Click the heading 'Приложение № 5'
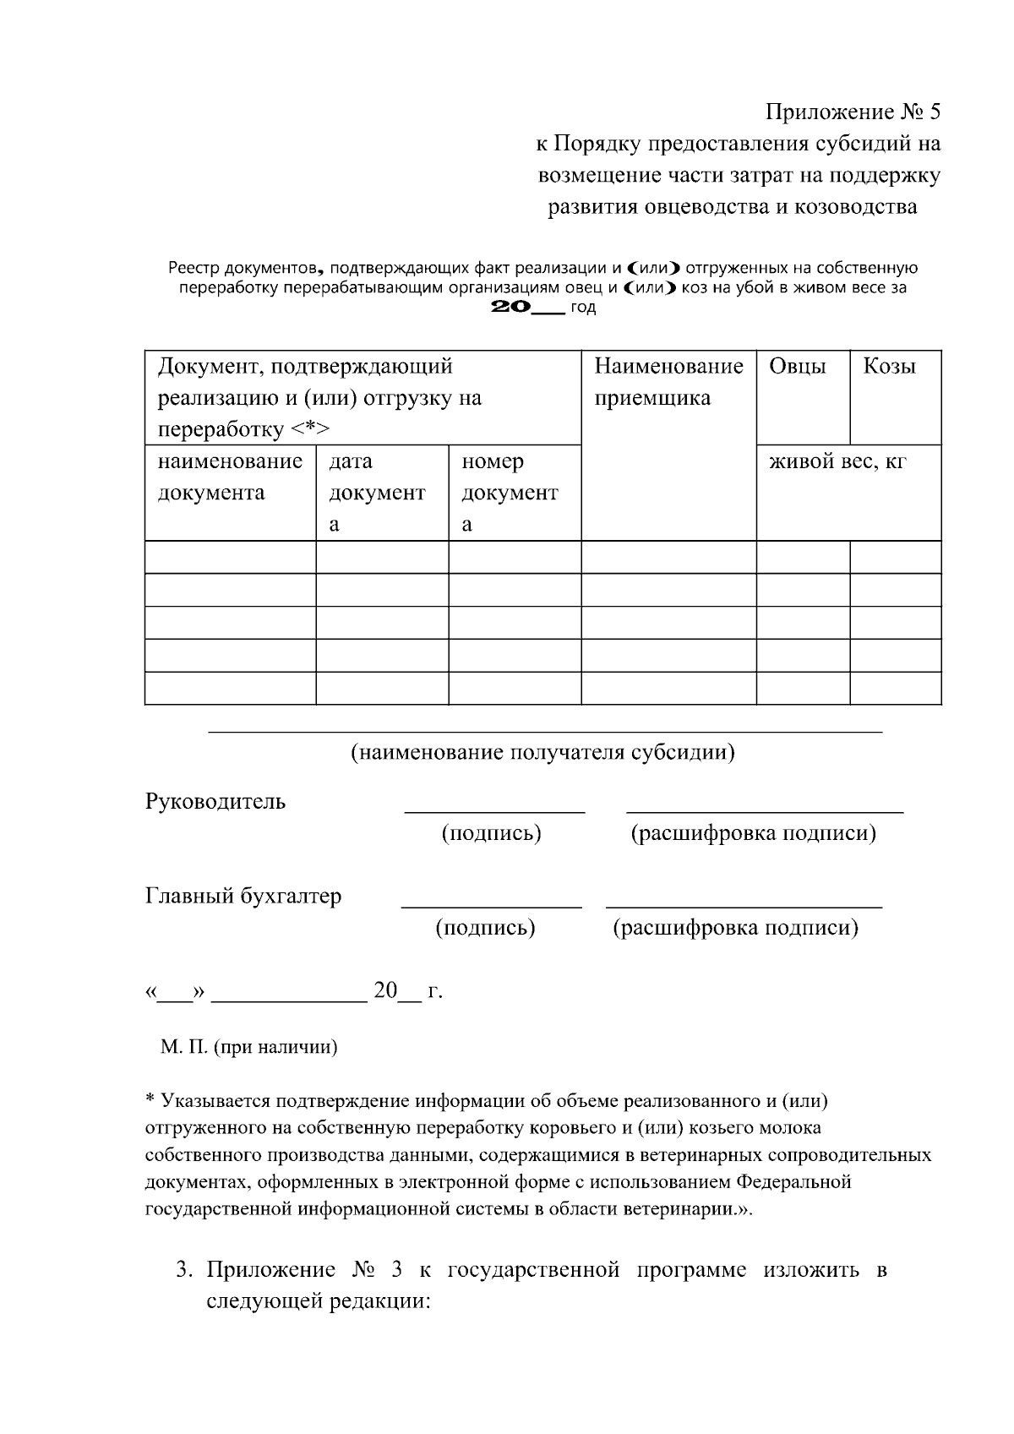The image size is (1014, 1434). coord(853,112)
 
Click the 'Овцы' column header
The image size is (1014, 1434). coord(797,367)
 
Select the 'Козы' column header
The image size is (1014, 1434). coord(889,367)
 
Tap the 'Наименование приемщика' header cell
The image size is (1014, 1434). coord(668,382)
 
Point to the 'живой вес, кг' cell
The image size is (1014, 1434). coord(837,462)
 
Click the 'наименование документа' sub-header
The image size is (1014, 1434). coord(230,477)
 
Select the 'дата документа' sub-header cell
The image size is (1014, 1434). coord(376,493)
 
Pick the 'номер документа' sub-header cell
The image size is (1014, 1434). coord(509,493)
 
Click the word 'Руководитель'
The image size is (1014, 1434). coord(215,802)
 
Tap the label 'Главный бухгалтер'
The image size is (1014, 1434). coord(243,897)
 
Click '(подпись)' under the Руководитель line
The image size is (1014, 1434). coord(491,834)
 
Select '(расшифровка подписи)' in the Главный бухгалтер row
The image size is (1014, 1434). coord(735,929)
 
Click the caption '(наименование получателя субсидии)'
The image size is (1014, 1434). coord(542,753)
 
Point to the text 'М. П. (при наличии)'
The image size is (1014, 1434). coord(248,1048)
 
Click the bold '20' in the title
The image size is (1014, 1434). coord(510,308)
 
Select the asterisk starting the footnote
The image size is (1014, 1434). coord(150,1102)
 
